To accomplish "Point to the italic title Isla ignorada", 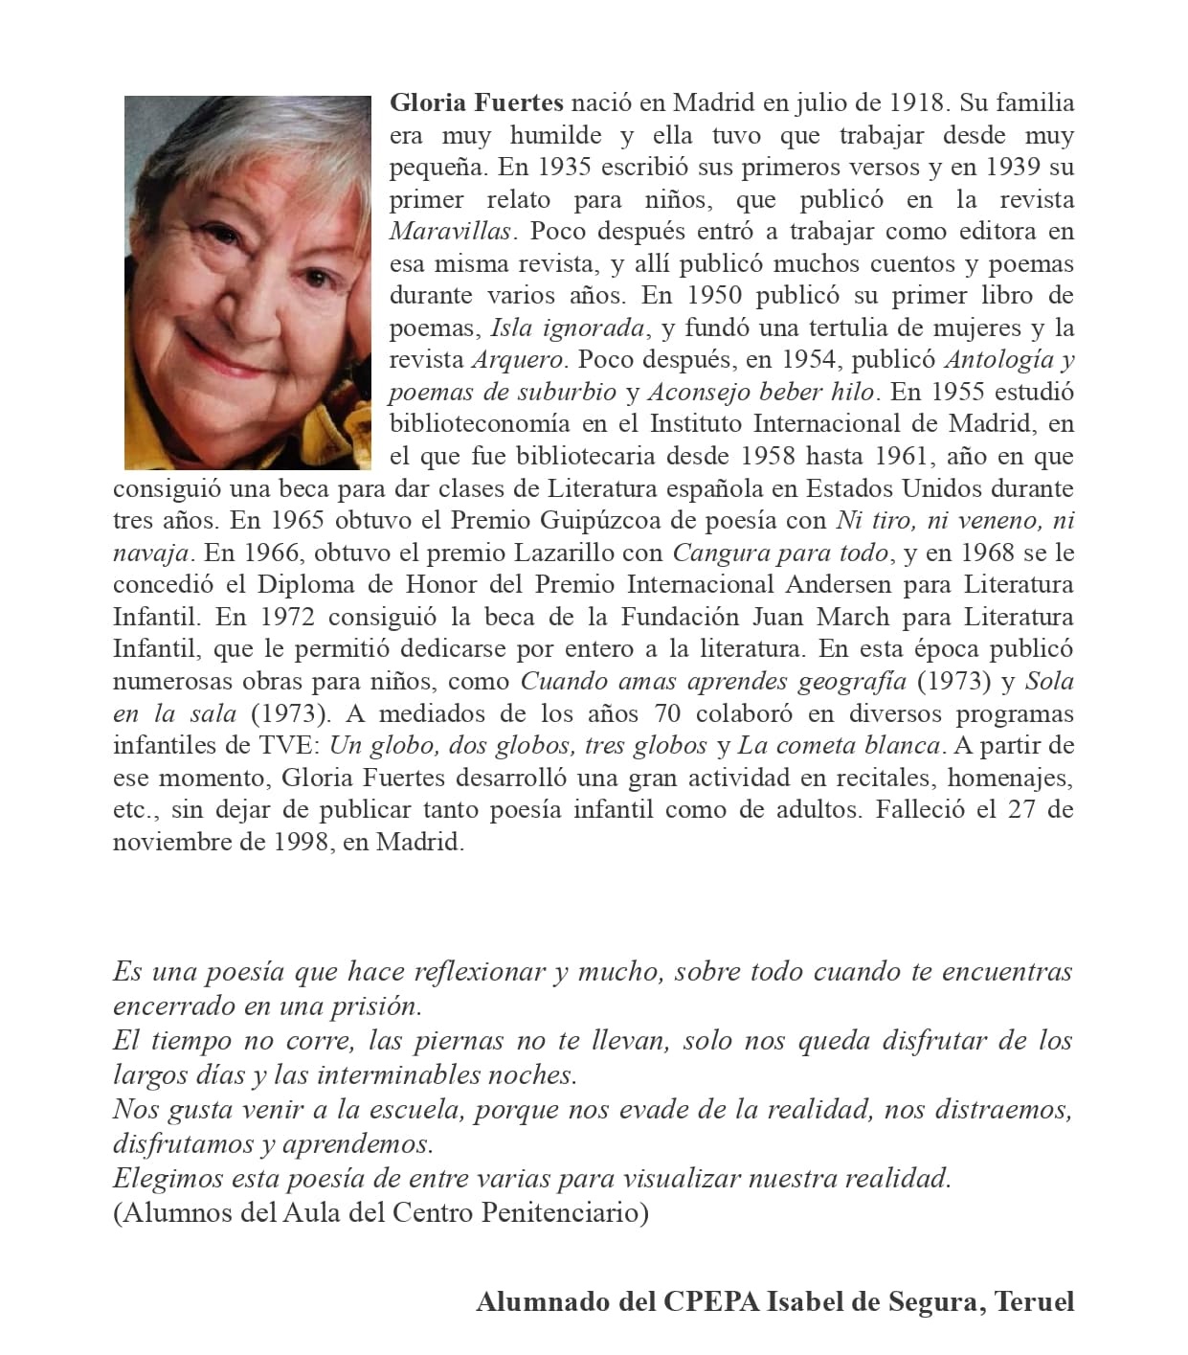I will coord(568,328).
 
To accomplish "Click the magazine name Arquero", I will coord(518,360).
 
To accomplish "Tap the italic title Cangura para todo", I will coord(782,553).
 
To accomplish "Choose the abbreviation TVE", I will coord(291,746).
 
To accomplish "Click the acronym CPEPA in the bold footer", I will coord(709,1302).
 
